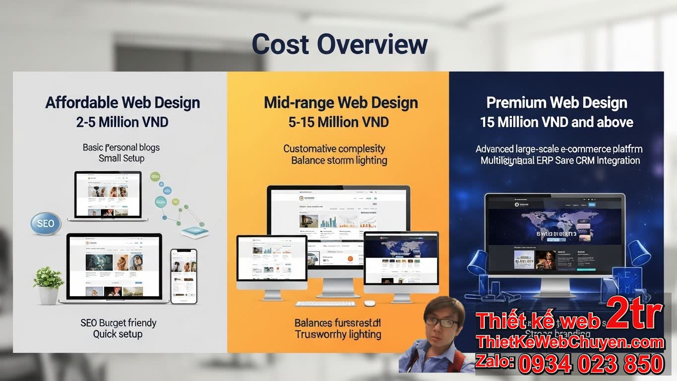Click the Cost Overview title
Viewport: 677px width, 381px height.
339,44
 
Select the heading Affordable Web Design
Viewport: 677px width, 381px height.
123,103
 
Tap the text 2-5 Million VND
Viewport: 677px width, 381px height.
122,122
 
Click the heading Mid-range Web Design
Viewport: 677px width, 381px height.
340,103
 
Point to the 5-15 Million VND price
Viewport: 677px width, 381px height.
338,122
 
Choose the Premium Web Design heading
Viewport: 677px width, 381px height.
556,103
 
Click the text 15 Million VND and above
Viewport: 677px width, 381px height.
556,122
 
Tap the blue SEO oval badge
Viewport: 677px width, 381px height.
45,224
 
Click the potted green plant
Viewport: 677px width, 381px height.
48,283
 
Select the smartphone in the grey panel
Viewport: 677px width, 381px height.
184,276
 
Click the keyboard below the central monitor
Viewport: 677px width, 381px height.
325,303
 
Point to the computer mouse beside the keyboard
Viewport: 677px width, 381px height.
369,303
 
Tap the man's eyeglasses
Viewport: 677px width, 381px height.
441,322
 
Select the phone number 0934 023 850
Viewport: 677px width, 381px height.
591,364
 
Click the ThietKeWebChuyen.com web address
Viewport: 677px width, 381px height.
569,342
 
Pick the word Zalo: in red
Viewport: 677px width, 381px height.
494,362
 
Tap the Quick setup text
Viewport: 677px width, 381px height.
118,334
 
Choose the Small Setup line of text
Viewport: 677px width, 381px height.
122,158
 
